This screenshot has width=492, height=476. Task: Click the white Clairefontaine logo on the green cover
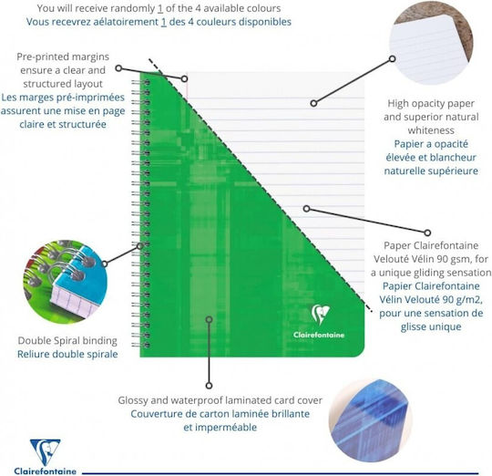coord(319,321)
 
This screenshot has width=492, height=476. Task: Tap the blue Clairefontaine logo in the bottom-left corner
coord(46,457)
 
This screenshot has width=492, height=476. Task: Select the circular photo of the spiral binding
coord(66,282)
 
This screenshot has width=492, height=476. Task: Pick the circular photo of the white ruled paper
coord(431,45)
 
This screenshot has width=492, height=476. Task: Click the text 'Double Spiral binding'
coord(67,340)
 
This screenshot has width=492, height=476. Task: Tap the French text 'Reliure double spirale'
coord(67,354)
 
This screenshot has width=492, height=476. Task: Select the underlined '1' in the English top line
coord(160,8)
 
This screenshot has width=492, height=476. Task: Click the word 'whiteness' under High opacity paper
coord(431,130)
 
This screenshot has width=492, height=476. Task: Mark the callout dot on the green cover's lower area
coord(209,320)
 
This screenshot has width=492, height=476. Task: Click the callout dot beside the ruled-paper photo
coord(392,58)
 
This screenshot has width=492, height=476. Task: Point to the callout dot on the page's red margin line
coord(184,78)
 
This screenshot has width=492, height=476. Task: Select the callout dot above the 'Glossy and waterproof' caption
coord(209,386)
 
